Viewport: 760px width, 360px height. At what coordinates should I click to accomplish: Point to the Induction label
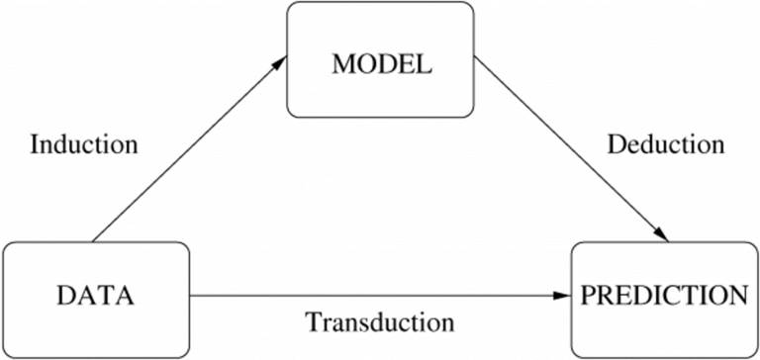click(x=83, y=144)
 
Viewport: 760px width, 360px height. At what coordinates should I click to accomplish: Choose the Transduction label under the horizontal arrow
click(x=380, y=322)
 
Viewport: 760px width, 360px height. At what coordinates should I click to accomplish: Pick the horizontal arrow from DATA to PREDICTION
click(x=376, y=295)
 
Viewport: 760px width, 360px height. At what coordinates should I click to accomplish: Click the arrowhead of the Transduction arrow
click(x=564, y=295)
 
